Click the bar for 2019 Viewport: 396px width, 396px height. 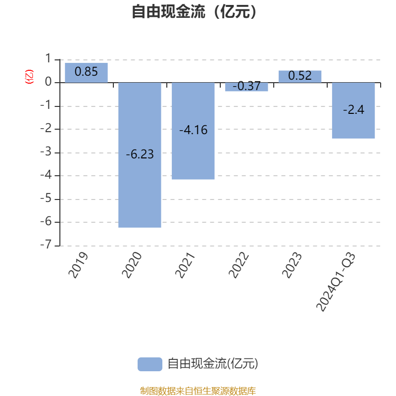coord(86,72)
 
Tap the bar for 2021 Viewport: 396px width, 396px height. coord(193,148)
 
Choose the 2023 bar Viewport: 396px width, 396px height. coord(300,76)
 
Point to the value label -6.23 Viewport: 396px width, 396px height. coord(140,154)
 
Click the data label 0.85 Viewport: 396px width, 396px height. coord(86,72)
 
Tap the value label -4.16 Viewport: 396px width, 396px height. coord(193,131)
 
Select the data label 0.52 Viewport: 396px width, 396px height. coord(300,76)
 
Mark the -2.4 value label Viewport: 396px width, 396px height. coord(353,110)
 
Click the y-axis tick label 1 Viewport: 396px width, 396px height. coord(48,59)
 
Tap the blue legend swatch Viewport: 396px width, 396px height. coord(149,364)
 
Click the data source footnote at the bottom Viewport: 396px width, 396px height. coord(198,391)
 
